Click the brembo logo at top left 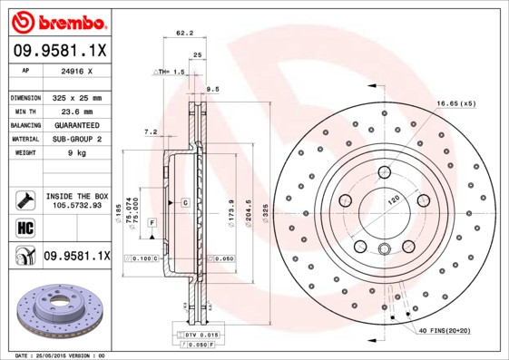(59, 21)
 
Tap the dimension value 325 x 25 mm (77, 97)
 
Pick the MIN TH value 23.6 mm (77, 111)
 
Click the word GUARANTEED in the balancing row (77, 125)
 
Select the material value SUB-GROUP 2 (77, 139)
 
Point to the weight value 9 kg (77, 153)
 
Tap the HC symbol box (23, 227)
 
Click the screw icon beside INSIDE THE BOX (23, 199)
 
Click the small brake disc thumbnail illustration (59, 308)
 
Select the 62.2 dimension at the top (184, 34)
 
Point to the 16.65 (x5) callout (455, 104)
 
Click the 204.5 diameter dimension (250, 218)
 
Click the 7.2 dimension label (151, 132)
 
